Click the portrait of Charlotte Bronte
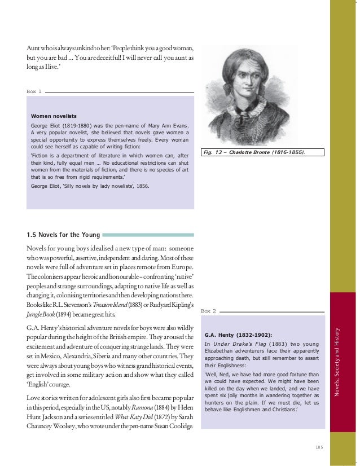click(262, 95)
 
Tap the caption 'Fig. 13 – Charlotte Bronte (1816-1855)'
click(263, 152)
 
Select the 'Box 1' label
click(34, 91)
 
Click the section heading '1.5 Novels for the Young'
click(63, 235)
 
